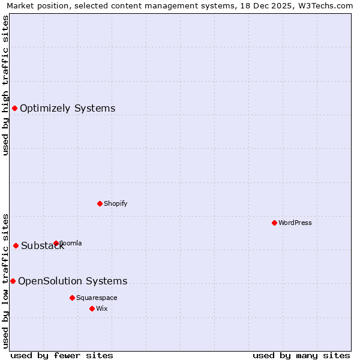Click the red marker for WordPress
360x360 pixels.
[274, 223]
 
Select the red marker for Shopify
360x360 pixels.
[100, 203]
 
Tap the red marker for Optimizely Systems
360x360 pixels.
[14, 108]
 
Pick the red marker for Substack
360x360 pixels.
[16, 245]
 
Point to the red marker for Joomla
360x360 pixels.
[56, 243]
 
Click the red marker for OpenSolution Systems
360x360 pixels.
[13, 281]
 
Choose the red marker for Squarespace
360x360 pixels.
[72, 298]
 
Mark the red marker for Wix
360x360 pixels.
[92, 308]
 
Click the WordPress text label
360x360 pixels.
[295, 223]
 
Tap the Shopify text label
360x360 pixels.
[116, 203]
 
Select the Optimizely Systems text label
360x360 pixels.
[68, 109]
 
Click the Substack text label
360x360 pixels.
[42, 246]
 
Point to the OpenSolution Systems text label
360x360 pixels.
[73, 281]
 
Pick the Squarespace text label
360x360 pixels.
[97, 298]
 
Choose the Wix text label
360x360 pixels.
[102, 308]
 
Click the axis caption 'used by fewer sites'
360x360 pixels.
[62, 355]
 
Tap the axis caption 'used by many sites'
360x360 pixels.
[301, 355]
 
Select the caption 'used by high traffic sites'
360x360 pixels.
[6, 85]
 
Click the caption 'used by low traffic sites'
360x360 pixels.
[6, 280]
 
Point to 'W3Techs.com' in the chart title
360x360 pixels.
[328, 6]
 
